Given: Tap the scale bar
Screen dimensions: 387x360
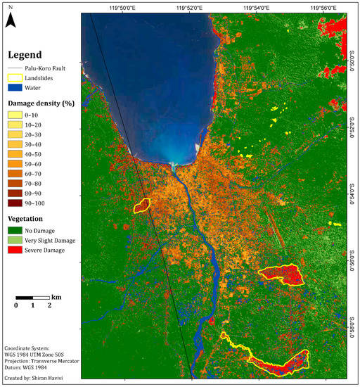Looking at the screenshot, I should [x=32, y=298].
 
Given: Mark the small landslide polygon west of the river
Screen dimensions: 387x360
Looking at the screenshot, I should [x=141, y=205].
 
